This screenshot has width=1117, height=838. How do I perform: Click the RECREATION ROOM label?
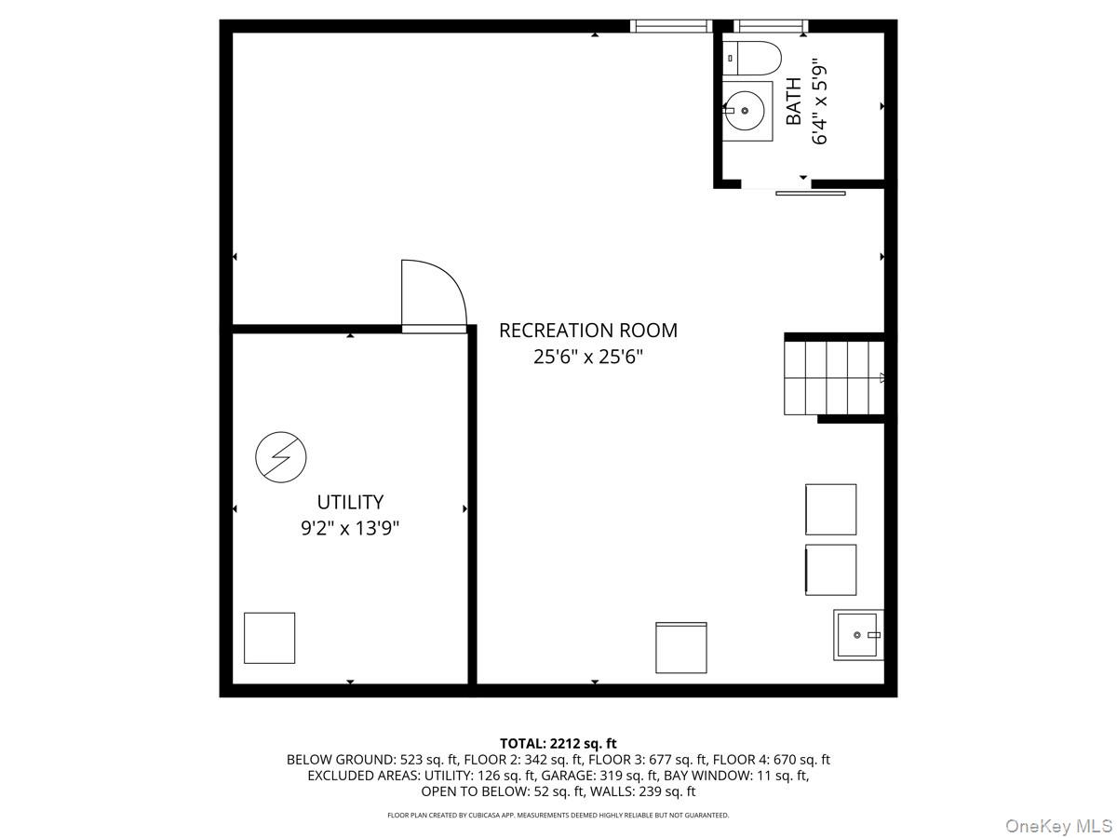pyautogui.click(x=587, y=331)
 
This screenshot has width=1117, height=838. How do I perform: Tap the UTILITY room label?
pyautogui.click(x=350, y=502)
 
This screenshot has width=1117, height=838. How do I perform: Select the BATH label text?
pyautogui.click(x=793, y=101)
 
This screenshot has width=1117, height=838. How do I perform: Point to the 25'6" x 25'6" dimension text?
pyautogui.click(x=587, y=357)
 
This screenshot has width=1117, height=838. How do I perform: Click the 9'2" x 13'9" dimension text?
pyautogui.click(x=350, y=528)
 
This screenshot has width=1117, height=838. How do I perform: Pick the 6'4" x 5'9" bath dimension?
pyautogui.click(x=819, y=105)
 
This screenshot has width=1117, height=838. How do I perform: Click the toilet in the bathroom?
pyautogui.click(x=751, y=58)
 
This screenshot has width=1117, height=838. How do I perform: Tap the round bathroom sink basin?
pyautogui.click(x=745, y=111)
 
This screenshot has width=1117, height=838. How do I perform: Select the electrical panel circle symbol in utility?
pyautogui.click(x=281, y=457)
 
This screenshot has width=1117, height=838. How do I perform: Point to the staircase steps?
pyautogui.click(x=833, y=377)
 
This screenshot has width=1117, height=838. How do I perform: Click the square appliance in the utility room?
pyautogui.click(x=269, y=638)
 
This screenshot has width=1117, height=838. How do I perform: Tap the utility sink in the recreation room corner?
pyautogui.click(x=858, y=635)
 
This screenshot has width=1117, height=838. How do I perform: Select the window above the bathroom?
pyautogui.click(x=771, y=26)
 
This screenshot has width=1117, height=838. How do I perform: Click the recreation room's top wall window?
pyautogui.click(x=671, y=26)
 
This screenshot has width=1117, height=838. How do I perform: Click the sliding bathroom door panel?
pyautogui.click(x=810, y=194)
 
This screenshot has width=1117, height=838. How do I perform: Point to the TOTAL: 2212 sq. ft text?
pyautogui.click(x=558, y=744)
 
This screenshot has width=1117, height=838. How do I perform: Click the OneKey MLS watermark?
pyautogui.click(x=1058, y=825)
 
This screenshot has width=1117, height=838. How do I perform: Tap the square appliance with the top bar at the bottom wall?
pyautogui.click(x=680, y=647)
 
